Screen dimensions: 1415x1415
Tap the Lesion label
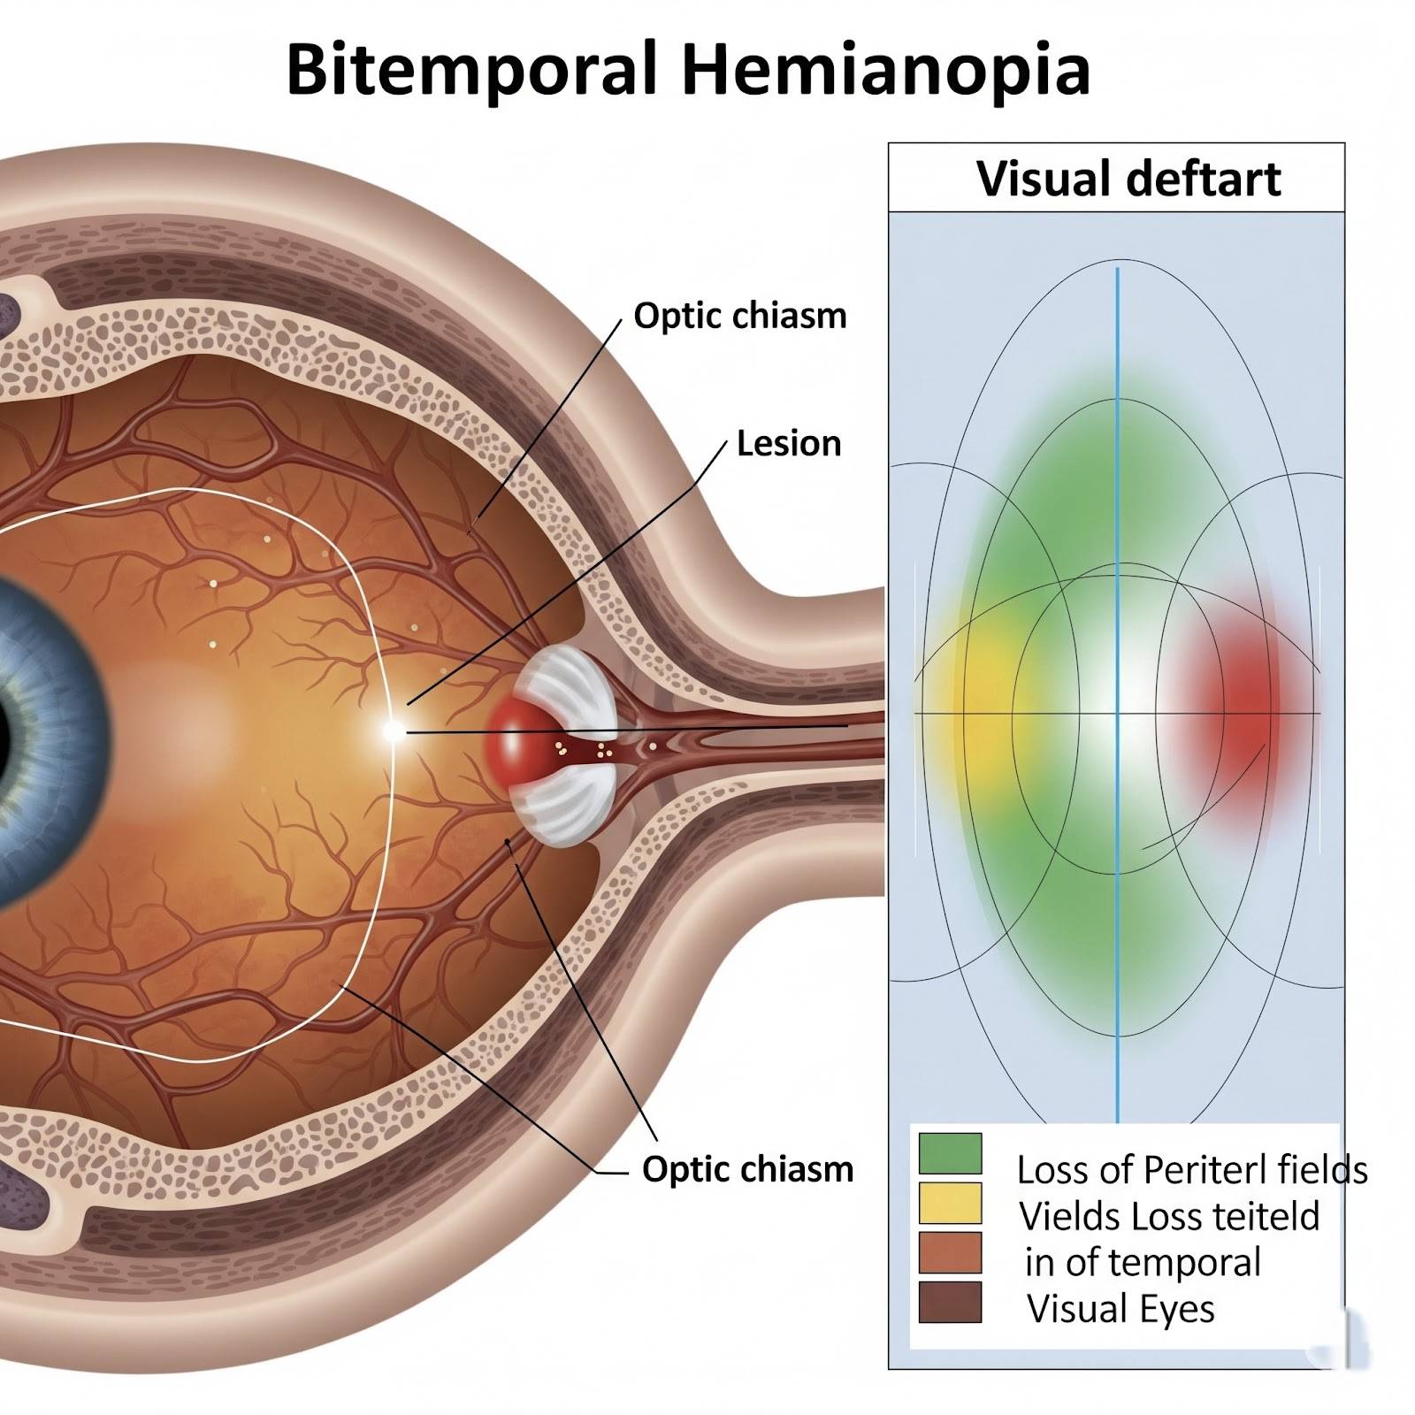tap(788, 443)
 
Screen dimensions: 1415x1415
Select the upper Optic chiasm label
tap(739, 316)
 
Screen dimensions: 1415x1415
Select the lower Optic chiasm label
tap(747, 1169)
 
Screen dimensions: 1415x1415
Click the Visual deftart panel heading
tap(1128, 179)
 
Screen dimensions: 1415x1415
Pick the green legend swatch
tap(950, 1153)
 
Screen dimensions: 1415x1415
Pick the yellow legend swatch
tap(950, 1203)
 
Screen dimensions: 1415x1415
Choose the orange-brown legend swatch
tap(950, 1252)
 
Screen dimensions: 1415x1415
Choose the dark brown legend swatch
tap(950, 1302)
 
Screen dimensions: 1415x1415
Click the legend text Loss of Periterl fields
tap(1191, 1170)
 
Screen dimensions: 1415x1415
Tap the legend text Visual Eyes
tap(1121, 1309)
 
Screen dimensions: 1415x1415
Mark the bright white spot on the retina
tap(393, 730)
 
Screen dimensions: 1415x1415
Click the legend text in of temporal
tap(1143, 1263)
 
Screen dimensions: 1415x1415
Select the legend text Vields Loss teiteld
tap(1168, 1217)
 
